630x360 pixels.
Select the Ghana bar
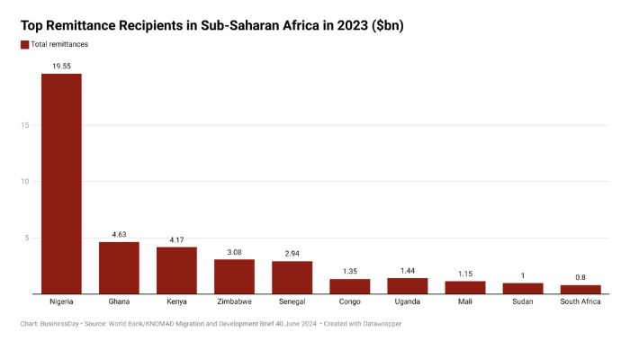click(119, 267)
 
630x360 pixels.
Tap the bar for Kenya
click(176, 270)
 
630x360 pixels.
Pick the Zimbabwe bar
click(234, 276)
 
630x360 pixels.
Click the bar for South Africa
click(580, 289)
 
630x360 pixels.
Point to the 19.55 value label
click(61, 66)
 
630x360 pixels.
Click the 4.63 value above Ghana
click(119, 234)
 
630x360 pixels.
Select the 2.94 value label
click(292, 254)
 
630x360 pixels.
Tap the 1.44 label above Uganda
click(408, 270)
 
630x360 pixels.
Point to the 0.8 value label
click(580, 277)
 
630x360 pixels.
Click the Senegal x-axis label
click(292, 301)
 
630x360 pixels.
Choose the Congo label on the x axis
click(350, 301)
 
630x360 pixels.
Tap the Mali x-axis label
click(465, 301)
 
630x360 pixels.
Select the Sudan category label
click(523, 301)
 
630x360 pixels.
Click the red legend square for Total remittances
click(24, 44)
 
